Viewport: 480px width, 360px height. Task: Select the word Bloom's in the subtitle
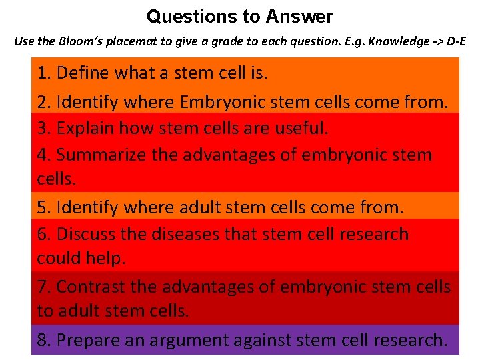pos(86,41)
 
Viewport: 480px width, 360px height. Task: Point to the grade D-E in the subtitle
pos(452,41)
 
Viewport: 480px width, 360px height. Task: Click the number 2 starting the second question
pos(43,103)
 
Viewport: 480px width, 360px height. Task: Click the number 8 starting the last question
pos(43,340)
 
